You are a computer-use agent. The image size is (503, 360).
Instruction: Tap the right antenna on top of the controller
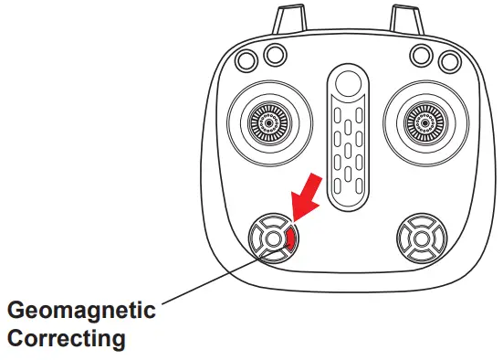coord(402,18)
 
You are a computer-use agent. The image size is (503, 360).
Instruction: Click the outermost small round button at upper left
coord(246,60)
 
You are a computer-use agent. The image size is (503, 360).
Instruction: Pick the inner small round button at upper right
coord(421,55)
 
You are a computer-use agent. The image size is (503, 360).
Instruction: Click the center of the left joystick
coord(266,120)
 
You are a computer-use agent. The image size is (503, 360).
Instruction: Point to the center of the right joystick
coord(424,120)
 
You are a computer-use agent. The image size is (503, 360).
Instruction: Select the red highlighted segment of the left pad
coord(291,240)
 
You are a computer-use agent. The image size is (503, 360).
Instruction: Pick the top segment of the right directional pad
coord(423,223)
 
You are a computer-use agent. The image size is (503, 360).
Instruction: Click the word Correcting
coord(65,339)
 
